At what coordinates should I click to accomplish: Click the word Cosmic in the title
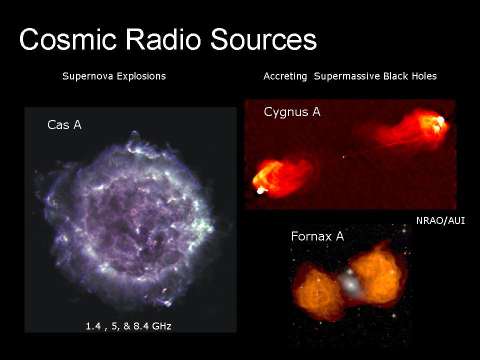click(x=67, y=39)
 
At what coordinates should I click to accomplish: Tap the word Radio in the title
click(x=163, y=39)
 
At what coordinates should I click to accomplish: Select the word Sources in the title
click(x=263, y=39)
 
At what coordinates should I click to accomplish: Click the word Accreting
click(x=285, y=76)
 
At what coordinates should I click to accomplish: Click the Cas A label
click(x=64, y=125)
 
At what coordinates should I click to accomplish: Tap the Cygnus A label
click(x=292, y=112)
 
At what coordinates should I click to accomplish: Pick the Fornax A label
click(x=317, y=236)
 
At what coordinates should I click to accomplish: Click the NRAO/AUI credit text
click(x=440, y=220)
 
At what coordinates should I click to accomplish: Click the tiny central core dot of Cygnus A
click(x=343, y=157)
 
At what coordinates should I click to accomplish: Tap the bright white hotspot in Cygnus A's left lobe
click(x=260, y=191)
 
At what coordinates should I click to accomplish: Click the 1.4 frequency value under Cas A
click(x=93, y=326)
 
